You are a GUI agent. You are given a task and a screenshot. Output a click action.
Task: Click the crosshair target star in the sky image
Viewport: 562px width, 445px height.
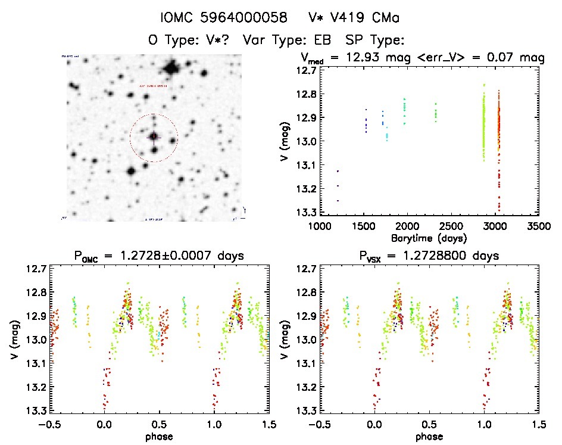click(154, 137)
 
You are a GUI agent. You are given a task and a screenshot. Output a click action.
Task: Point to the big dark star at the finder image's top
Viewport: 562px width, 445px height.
click(173, 69)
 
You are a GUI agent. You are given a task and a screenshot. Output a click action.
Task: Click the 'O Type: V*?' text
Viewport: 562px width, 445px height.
click(182, 41)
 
